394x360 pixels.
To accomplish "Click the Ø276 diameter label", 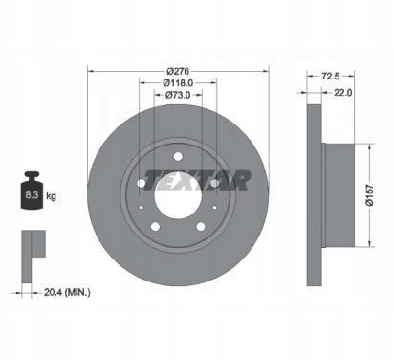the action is [178, 71].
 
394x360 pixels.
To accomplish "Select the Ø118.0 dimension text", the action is [178, 83].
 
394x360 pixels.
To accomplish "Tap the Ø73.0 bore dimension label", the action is [178, 95].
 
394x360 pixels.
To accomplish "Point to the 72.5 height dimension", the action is [331, 76].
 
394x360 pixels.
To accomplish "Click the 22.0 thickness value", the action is [342, 93].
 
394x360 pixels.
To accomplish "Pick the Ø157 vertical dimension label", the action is [369, 195].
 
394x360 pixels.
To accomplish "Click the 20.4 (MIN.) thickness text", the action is [67, 292].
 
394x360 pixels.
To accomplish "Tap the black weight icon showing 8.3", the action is [32, 191].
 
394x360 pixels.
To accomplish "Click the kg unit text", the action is [51, 195].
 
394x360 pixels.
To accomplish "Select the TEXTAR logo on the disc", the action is [198, 181].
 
